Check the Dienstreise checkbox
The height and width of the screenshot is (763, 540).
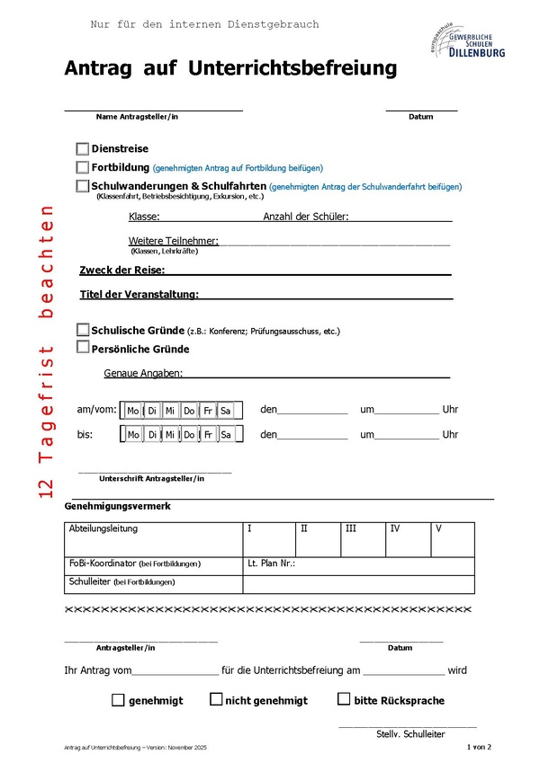pyautogui.click(x=83, y=149)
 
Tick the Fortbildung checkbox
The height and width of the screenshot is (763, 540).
pyautogui.click(x=83, y=167)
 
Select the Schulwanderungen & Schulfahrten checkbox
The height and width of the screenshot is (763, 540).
pyautogui.click(x=83, y=186)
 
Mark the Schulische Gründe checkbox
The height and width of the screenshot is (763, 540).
pyautogui.click(x=83, y=330)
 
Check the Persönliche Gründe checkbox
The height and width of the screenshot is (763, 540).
pyautogui.click(x=83, y=348)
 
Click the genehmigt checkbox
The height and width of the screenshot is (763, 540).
pyautogui.click(x=118, y=700)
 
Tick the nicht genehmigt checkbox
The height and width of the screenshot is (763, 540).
pyautogui.click(x=216, y=699)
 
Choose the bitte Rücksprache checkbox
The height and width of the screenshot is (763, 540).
pyautogui.click(x=344, y=699)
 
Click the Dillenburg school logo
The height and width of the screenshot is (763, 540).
pyautogui.click(x=467, y=40)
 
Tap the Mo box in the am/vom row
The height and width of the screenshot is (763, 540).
pyautogui.click(x=133, y=411)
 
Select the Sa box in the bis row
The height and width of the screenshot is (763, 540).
pyautogui.click(x=226, y=435)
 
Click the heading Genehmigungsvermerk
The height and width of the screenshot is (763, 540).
pyautogui.click(x=118, y=507)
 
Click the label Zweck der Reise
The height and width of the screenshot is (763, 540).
pyautogui.click(x=121, y=271)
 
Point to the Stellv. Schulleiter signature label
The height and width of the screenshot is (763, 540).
pyautogui.click(x=410, y=734)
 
